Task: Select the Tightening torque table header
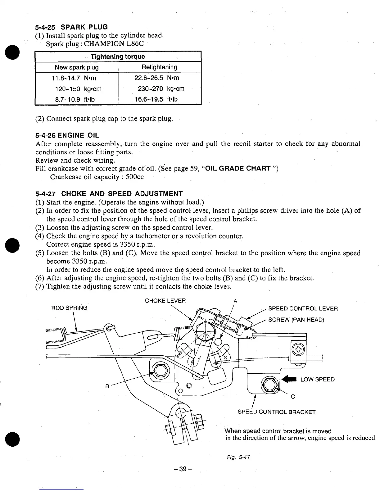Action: (x=118, y=57)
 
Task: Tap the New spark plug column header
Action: (x=77, y=67)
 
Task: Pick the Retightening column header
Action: (x=159, y=67)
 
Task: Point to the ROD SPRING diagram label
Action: (x=69, y=308)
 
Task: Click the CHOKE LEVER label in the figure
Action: (x=165, y=301)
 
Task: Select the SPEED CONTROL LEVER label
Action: (x=303, y=308)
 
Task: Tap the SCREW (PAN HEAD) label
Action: (x=296, y=320)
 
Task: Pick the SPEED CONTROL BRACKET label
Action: (x=276, y=412)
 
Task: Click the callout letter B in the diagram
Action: (x=107, y=386)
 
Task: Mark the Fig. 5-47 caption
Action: (x=239, y=457)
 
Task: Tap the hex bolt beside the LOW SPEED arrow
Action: (x=269, y=384)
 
